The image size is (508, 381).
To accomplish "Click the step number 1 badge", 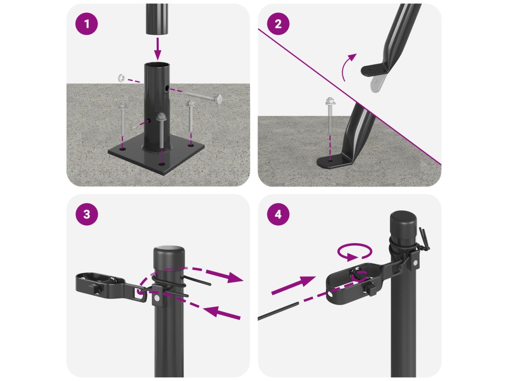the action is (86, 24).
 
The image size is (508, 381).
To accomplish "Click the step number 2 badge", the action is (278, 24).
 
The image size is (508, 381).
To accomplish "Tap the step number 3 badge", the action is (86, 214).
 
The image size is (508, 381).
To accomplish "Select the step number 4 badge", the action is (278, 214).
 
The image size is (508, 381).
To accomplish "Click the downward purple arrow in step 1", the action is (157, 49).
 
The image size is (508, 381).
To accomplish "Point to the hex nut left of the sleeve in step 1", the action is (121, 78).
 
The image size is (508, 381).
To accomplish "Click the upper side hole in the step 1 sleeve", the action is (166, 88).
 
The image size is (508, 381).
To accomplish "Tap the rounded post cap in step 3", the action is (169, 255).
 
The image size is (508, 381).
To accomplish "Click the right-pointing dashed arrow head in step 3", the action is (235, 277).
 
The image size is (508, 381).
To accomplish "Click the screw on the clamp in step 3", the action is (157, 298).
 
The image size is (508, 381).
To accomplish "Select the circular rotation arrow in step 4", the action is (355, 252).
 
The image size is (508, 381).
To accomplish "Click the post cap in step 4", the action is (403, 221).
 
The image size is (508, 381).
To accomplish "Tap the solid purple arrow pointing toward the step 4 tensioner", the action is (293, 285).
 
